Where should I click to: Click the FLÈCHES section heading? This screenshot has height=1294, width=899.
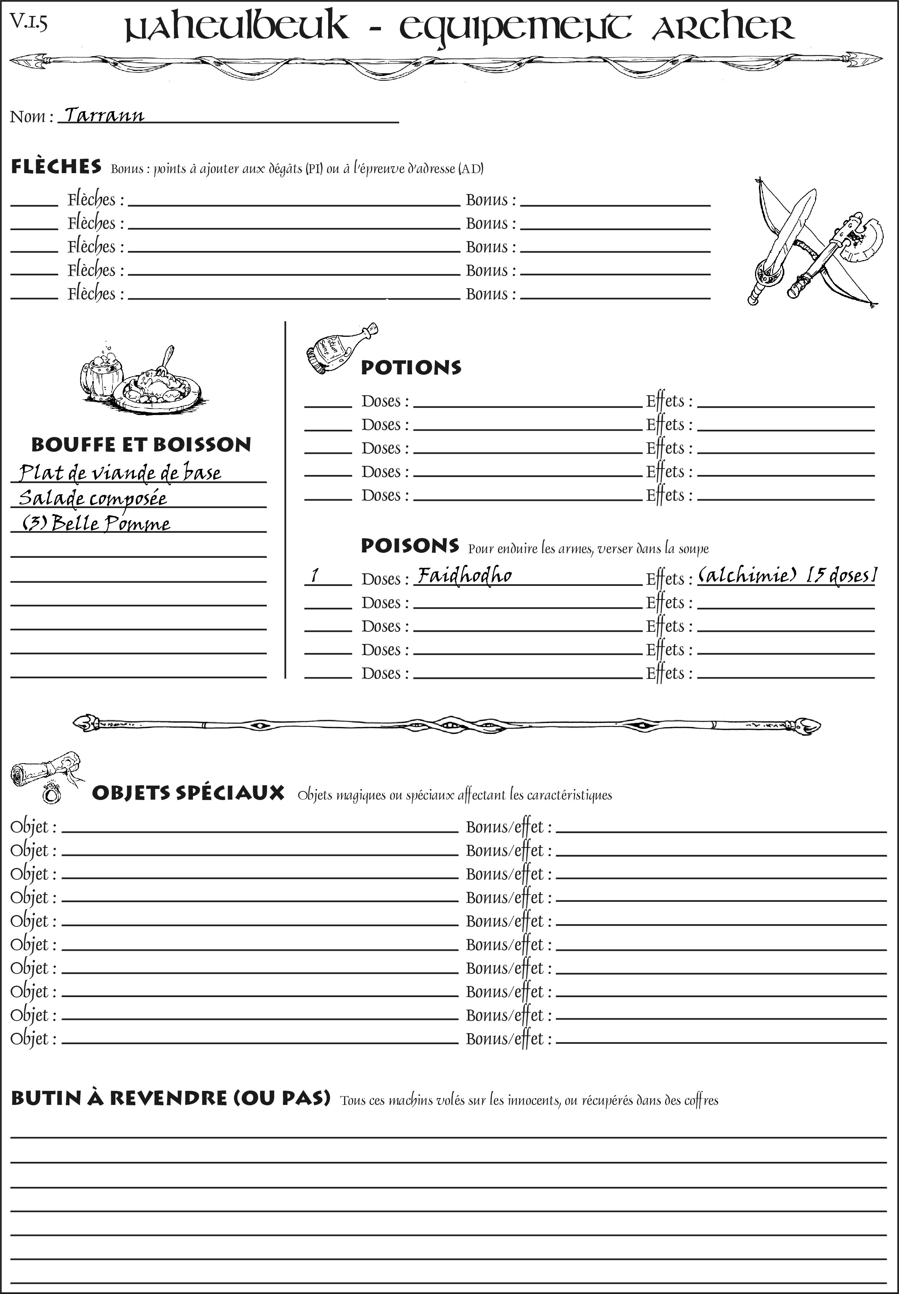[x=56, y=167]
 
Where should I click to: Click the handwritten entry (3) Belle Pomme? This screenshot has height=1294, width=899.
[x=96, y=524]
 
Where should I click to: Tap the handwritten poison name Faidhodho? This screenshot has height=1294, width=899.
[x=464, y=576]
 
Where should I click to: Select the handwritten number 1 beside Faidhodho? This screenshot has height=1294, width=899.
[x=315, y=576]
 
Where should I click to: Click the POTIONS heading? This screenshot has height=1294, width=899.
[x=411, y=368]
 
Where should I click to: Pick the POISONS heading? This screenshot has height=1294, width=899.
[x=409, y=546]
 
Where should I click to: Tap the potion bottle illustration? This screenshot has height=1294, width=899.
[x=339, y=349]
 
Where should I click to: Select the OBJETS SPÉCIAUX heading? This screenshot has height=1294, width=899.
[x=188, y=793]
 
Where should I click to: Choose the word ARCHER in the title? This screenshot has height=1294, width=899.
[x=723, y=27]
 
